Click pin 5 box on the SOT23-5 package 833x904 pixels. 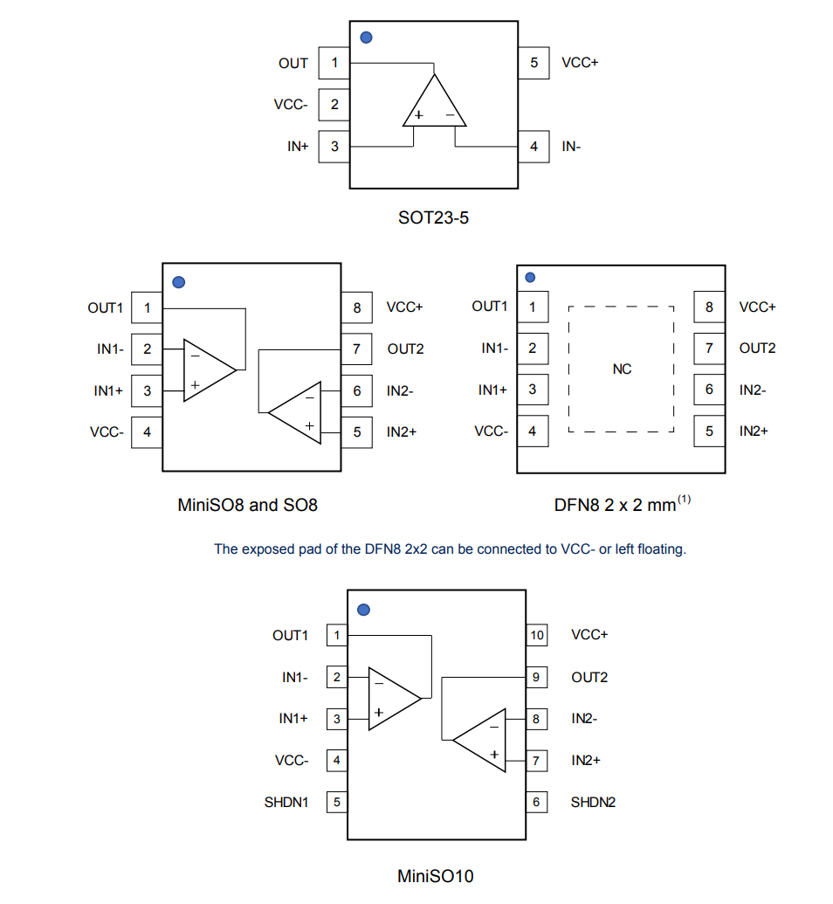tap(534, 63)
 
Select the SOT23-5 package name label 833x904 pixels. tap(433, 217)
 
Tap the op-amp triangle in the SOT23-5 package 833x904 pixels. tap(434, 105)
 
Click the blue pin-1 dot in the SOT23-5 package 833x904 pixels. tap(367, 38)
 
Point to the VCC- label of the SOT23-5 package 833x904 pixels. tap(291, 105)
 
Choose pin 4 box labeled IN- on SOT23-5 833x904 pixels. tap(534, 147)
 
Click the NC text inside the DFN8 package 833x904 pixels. tap(622, 369)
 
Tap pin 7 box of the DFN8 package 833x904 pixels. tap(709, 348)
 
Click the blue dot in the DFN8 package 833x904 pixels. tap(530, 278)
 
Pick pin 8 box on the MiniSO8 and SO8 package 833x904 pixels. tap(356, 307)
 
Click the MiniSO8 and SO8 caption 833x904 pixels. tap(248, 505)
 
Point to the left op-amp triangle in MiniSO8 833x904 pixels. tap(207, 369)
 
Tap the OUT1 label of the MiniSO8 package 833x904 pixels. tap(106, 307)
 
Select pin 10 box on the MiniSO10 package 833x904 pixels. tap(536, 635)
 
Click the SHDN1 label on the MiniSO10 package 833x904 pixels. tap(286, 802)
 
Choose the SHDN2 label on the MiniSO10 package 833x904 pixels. tap(593, 802)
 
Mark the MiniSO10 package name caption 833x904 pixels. tap(436, 875)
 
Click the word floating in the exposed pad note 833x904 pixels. tap(662, 549)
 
